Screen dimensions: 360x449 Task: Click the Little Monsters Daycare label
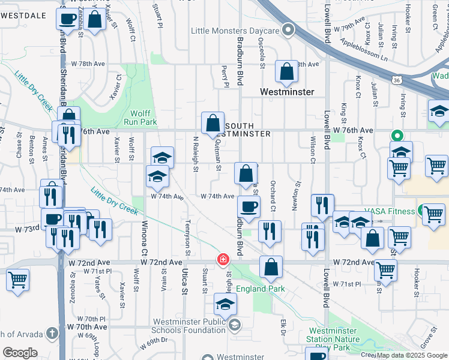pos(235,30)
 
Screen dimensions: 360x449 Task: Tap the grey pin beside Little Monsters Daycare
pos(289,29)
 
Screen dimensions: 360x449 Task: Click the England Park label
pos(260,289)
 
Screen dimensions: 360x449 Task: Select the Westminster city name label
pos(287,92)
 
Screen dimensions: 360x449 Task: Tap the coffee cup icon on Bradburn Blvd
pos(249,207)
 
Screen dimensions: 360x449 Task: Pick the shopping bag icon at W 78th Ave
pos(287,71)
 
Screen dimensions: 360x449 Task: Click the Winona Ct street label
pos(145,239)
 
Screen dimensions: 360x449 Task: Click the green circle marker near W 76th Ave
pos(396,136)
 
